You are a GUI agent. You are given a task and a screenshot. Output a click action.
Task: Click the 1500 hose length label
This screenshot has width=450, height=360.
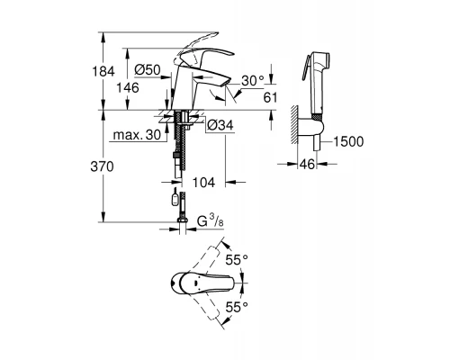coord(347,140)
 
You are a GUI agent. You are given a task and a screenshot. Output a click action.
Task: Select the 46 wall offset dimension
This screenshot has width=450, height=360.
coord(307,166)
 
